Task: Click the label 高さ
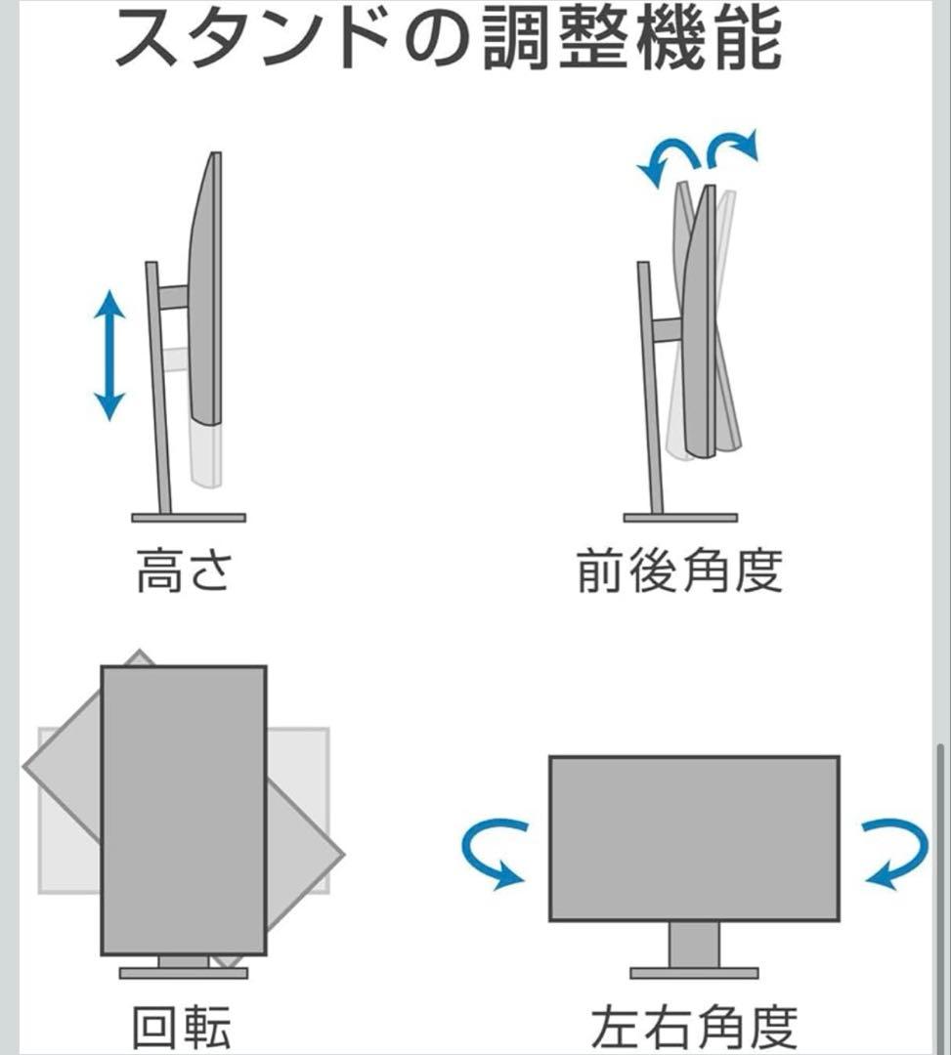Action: [x=183, y=571]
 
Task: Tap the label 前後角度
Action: [x=680, y=571]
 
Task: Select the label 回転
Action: [x=183, y=1028]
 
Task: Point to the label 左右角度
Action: [x=694, y=1028]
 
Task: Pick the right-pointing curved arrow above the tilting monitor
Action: [x=733, y=148]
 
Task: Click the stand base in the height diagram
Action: [x=189, y=517]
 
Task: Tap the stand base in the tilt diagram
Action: [x=680, y=517]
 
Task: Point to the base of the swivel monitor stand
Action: [x=694, y=973]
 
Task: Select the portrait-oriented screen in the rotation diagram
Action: [x=184, y=810]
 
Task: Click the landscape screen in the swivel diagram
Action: [x=694, y=838]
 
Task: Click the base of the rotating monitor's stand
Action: [x=184, y=973]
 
